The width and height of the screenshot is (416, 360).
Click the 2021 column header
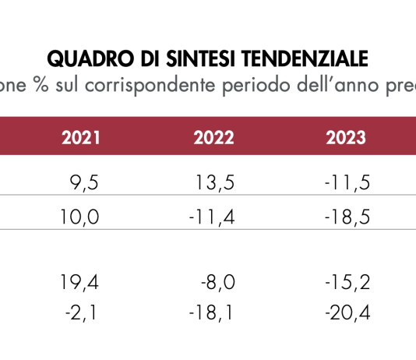[x=80, y=138]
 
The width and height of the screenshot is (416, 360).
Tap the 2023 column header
[x=346, y=138]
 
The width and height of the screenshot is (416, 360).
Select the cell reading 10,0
[x=80, y=217]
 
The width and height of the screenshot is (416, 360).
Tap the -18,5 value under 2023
[x=346, y=217]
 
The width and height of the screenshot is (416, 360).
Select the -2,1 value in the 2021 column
[x=83, y=312]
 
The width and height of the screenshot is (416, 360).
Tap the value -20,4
[x=346, y=312]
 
